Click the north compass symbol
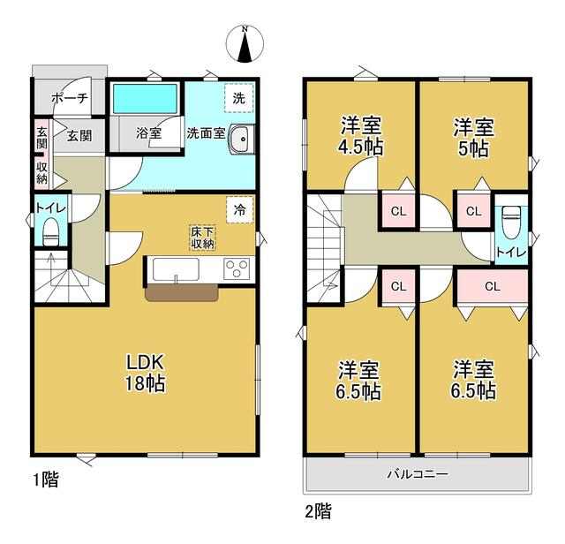tap(245, 44)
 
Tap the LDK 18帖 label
tap(145, 374)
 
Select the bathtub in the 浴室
tap(146, 99)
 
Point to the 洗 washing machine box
tap(239, 98)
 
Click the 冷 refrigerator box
tap(239, 210)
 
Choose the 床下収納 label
tap(202, 238)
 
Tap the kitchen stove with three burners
tap(237, 268)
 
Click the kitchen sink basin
tap(176, 269)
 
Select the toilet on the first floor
tap(51, 231)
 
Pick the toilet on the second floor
tap(511, 222)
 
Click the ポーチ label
tap(70, 98)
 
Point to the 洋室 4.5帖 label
tap(361, 135)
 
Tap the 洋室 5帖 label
tap(474, 137)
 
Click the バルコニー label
tap(418, 473)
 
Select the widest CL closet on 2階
tap(493, 287)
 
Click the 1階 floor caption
tap(46, 480)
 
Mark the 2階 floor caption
tap(318, 511)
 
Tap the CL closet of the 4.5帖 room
tap(398, 211)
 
